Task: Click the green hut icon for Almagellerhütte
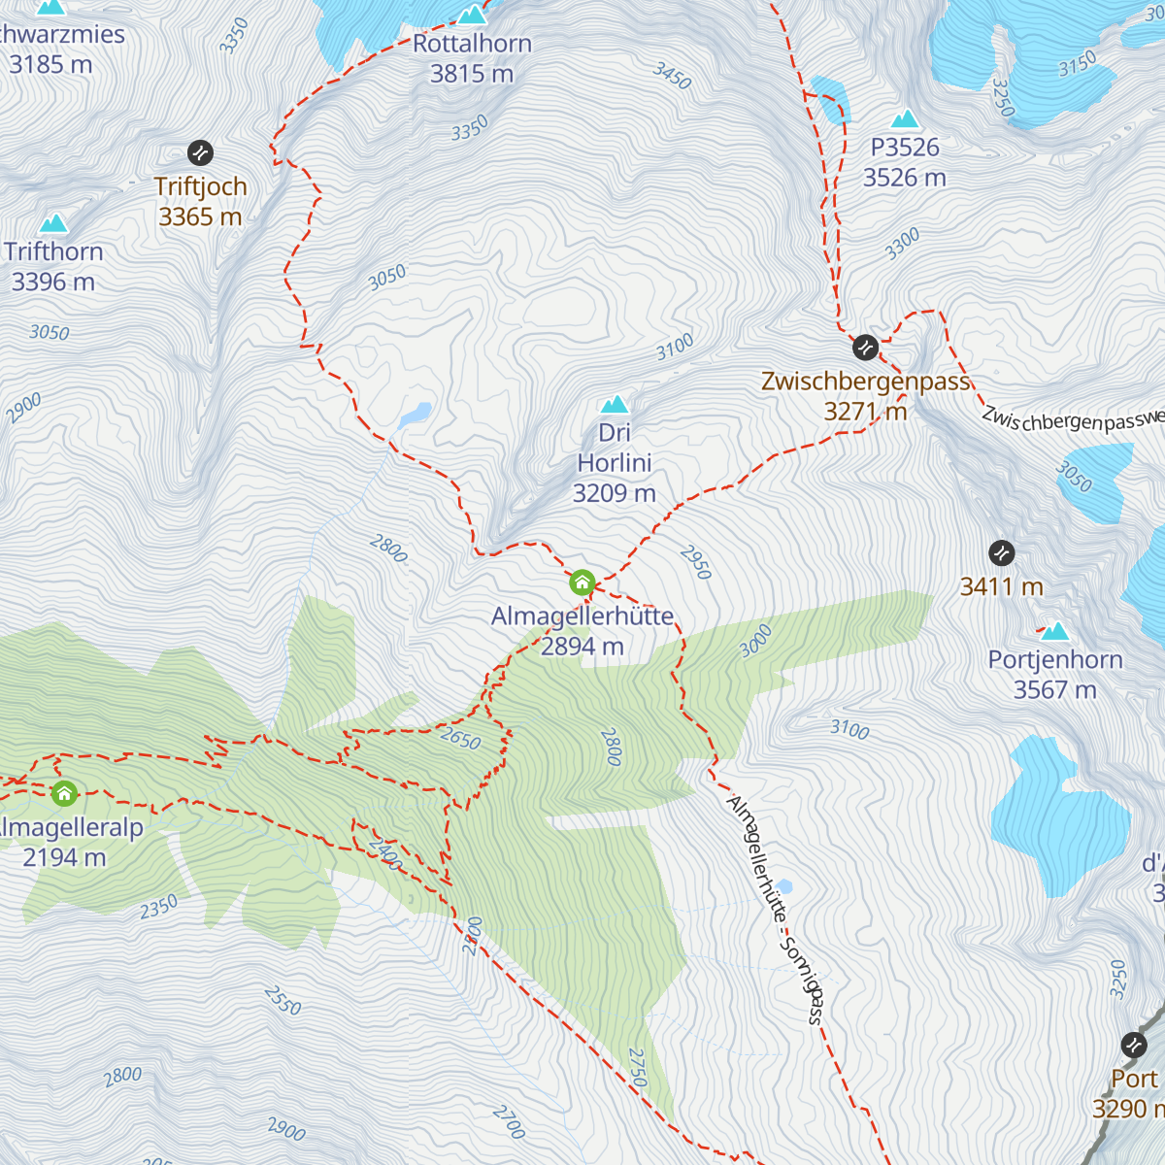click(582, 582)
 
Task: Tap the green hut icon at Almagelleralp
click(65, 793)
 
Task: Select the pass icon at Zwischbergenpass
click(865, 347)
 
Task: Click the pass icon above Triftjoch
click(200, 152)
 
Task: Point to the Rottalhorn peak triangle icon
click(472, 14)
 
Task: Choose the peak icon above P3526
click(905, 118)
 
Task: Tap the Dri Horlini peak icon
click(614, 403)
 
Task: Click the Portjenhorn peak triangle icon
click(1054, 632)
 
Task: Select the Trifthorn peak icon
click(53, 223)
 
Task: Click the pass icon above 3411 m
click(1001, 553)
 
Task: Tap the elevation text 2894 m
click(582, 647)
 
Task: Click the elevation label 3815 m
click(472, 74)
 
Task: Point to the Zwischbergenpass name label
click(866, 382)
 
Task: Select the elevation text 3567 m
click(1054, 690)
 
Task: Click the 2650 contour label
click(460, 739)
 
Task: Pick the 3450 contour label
click(672, 76)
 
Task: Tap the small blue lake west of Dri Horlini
click(415, 416)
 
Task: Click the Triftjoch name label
click(200, 186)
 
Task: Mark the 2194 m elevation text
click(64, 858)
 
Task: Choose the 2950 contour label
click(696, 562)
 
